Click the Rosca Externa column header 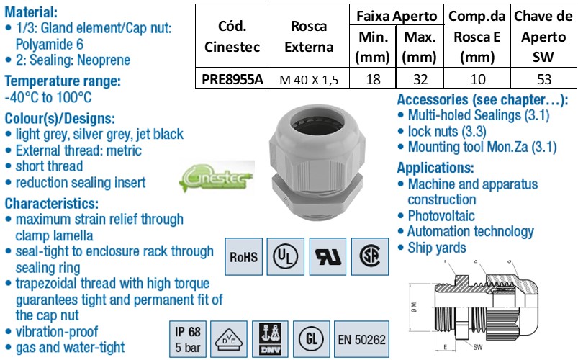[309, 37]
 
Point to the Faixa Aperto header [397, 14]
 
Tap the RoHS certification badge [244, 256]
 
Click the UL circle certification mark [286, 256]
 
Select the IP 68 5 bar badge [189, 339]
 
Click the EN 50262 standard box [363, 339]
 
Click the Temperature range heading [62, 81]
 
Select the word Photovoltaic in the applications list [441, 215]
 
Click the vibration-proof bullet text [58, 331]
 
